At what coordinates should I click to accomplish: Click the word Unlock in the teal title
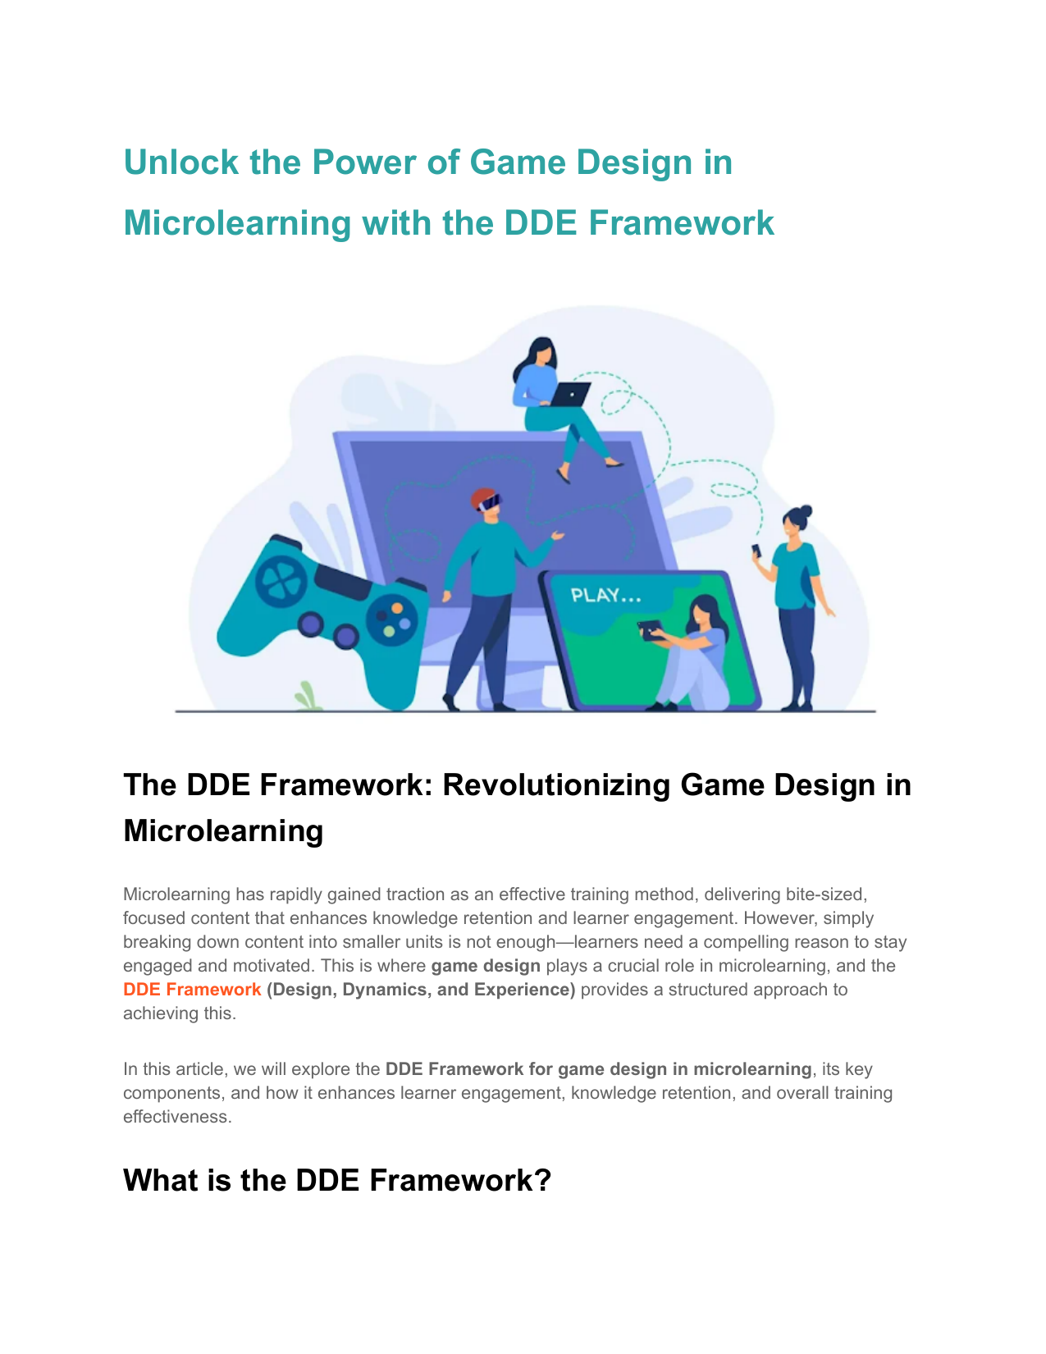pyautogui.click(x=180, y=162)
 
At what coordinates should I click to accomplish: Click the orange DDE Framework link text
pyautogui.click(x=192, y=990)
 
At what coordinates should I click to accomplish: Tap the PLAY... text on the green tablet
pyautogui.click(x=605, y=596)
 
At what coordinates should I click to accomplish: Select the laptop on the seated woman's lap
pyautogui.click(x=569, y=394)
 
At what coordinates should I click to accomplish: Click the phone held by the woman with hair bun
pyautogui.click(x=756, y=550)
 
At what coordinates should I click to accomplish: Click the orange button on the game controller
pyautogui.click(x=397, y=608)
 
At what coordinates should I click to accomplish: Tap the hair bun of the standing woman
pyautogui.click(x=806, y=512)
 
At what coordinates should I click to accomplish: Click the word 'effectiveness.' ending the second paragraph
pyautogui.click(x=177, y=1117)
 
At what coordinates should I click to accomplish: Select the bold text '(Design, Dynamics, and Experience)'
pyautogui.click(x=421, y=990)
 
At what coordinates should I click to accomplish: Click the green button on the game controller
pyautogui.click(x=389, y=631)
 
